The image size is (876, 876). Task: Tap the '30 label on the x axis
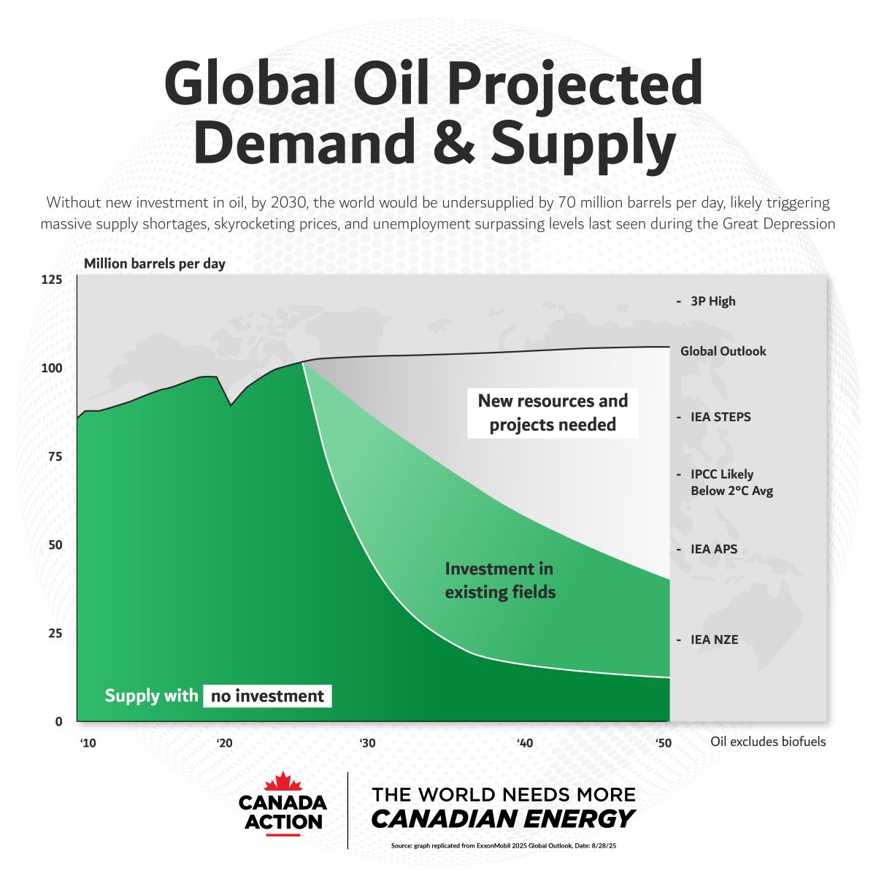pos(367,743)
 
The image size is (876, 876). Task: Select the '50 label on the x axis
pos(663,743)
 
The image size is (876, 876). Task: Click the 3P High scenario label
pos(712,301)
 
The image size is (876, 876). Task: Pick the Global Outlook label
pos(723,351)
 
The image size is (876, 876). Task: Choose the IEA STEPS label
pos(721,418)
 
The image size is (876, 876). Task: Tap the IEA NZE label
pos(714,639)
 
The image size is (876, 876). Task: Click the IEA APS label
pos(713,549)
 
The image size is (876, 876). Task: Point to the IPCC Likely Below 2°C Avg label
pos(731,483)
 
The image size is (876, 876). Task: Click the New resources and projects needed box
pos(553,412)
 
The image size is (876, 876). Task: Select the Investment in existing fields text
pos(500,580)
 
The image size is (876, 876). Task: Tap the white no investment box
pos(267,696)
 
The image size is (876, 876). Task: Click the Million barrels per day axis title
pos(155,264)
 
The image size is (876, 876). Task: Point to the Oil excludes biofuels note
pos(768,742)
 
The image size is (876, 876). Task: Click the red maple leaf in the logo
pos(283,782)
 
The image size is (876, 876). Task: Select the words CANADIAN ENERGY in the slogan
pos(503,819)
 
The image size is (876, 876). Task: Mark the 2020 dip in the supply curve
pos(231,404)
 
